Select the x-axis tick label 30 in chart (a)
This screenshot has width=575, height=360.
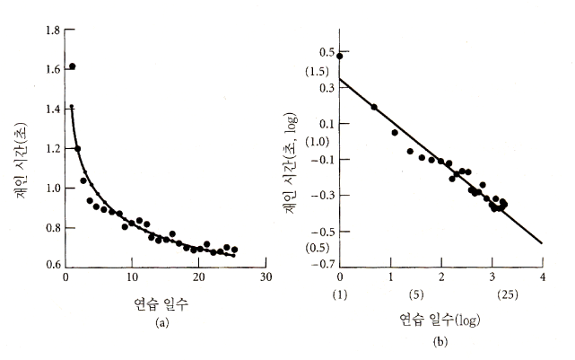tap(266, 277)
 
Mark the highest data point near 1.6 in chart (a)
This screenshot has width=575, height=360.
tap(72, 66)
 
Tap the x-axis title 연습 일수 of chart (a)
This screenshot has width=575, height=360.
tap(161, 303)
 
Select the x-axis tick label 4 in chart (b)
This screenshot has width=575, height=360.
tap(543, 277)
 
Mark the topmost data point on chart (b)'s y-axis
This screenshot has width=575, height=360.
tap(340, 56)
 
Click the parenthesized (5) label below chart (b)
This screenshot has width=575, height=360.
tap(415, 294)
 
